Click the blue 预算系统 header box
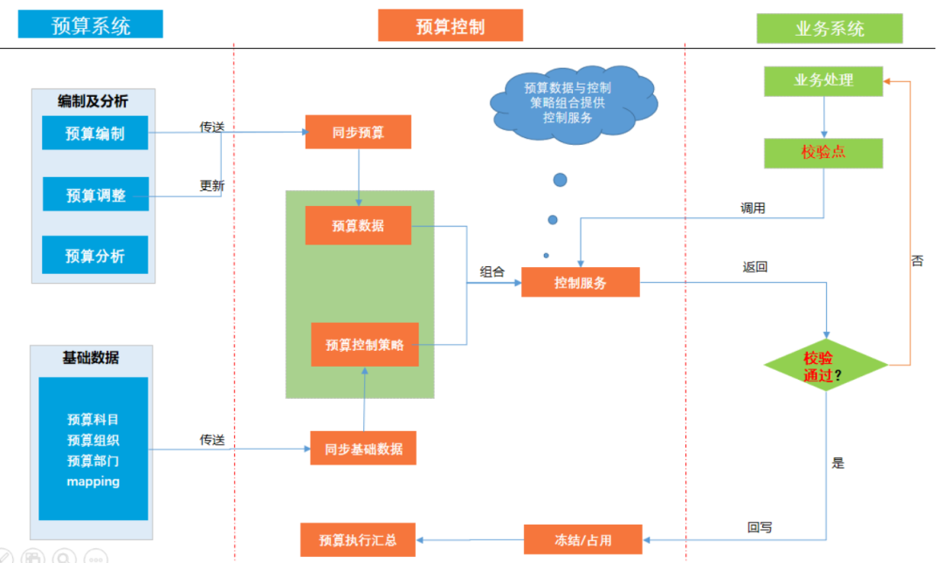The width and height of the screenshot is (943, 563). pos(91,24)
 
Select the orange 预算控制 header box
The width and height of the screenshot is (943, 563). pos(451,25)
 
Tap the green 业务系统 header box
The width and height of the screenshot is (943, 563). pos(829,28)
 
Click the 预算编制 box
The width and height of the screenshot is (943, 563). pos(95,133)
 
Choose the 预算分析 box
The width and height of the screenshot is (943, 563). pos(95,255)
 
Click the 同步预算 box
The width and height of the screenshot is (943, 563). pos(358,132)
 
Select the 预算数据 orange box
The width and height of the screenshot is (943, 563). pos(358,225)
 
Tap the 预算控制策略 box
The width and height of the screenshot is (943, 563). pos(365,345)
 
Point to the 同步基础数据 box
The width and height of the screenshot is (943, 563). pos(363,449)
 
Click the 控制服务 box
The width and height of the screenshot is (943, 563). pos(581,283)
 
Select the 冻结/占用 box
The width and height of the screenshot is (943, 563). pos(583,540)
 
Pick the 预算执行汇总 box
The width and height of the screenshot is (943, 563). pos(358,540)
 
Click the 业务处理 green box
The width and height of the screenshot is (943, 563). pos(823,81)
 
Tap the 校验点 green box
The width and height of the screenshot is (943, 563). pos(823,153)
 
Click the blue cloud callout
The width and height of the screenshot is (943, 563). pos(572,102)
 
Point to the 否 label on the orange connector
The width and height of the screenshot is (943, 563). pos(917,260)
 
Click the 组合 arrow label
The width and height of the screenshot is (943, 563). pos(492,271)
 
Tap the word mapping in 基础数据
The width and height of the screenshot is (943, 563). pos(93,481)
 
